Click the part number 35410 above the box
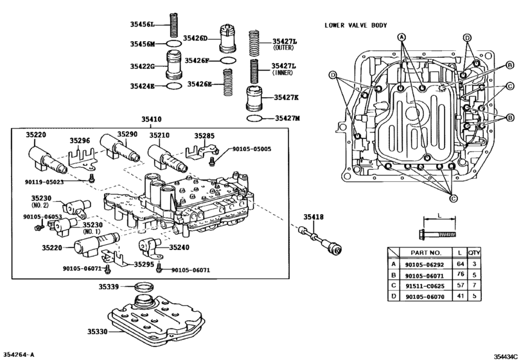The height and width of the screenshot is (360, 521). pos(152,120)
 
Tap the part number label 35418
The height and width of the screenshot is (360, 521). pos(313,217)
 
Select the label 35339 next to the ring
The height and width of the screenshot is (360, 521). pos(109,286)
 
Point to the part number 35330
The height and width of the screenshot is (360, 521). pos(98,332)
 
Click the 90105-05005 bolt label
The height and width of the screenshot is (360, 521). pos(252,149)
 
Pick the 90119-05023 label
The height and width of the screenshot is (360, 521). pos(44,182)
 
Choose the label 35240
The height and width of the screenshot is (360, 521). pos(179,248)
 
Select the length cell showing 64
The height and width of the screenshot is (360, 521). pos(460,264)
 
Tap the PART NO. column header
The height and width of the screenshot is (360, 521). pos(426,253)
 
